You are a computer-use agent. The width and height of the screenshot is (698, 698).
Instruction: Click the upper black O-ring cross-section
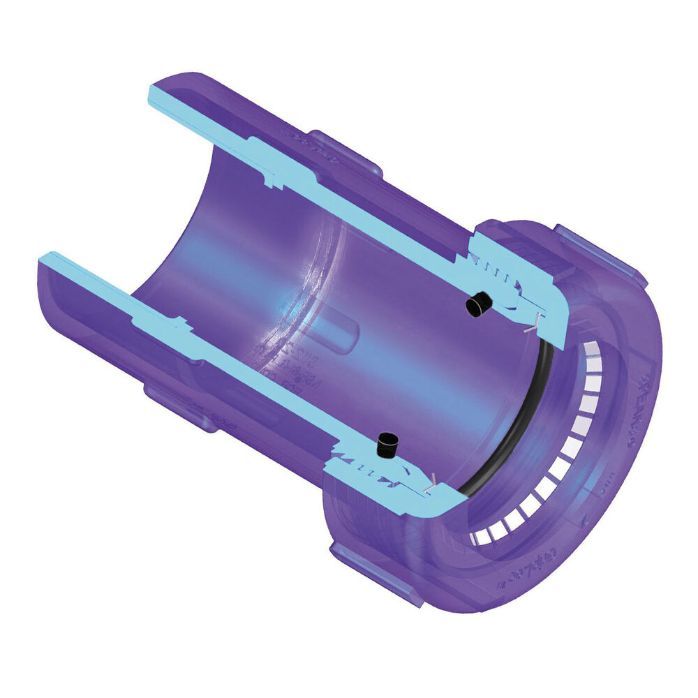point(479,304)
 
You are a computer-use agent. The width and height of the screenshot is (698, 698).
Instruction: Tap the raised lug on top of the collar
point(600,251)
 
